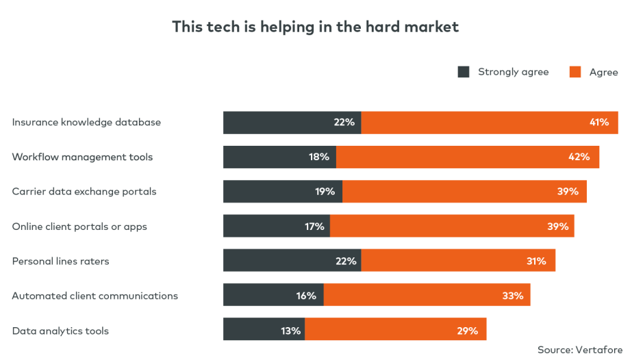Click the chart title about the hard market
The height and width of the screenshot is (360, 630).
coord(315,27)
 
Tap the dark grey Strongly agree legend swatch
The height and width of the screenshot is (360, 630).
coord(464,72)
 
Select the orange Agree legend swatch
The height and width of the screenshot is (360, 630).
coord(575,72)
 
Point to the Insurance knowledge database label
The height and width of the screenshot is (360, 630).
coord(86,123)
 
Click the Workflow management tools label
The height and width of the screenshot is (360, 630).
coord(82,157)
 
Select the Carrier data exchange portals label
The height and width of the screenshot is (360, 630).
coord(84,192)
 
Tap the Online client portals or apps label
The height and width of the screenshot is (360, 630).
coord(79,226)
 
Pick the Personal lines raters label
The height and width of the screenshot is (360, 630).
coord(60,261)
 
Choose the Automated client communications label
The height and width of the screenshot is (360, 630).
coord(94,296)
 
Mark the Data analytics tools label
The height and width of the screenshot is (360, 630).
coord(60,331)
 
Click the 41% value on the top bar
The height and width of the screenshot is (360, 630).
coord(598,123)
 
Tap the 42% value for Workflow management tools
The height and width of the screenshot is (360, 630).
coord(579,157)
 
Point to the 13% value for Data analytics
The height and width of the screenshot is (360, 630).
coord(290,331)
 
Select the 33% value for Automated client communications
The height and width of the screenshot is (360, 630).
coord(512,296)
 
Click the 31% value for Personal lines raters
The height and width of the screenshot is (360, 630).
coord(535,261)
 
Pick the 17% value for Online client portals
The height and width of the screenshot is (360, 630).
coord(314,226)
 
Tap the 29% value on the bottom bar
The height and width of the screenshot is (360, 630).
coord(467,331)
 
